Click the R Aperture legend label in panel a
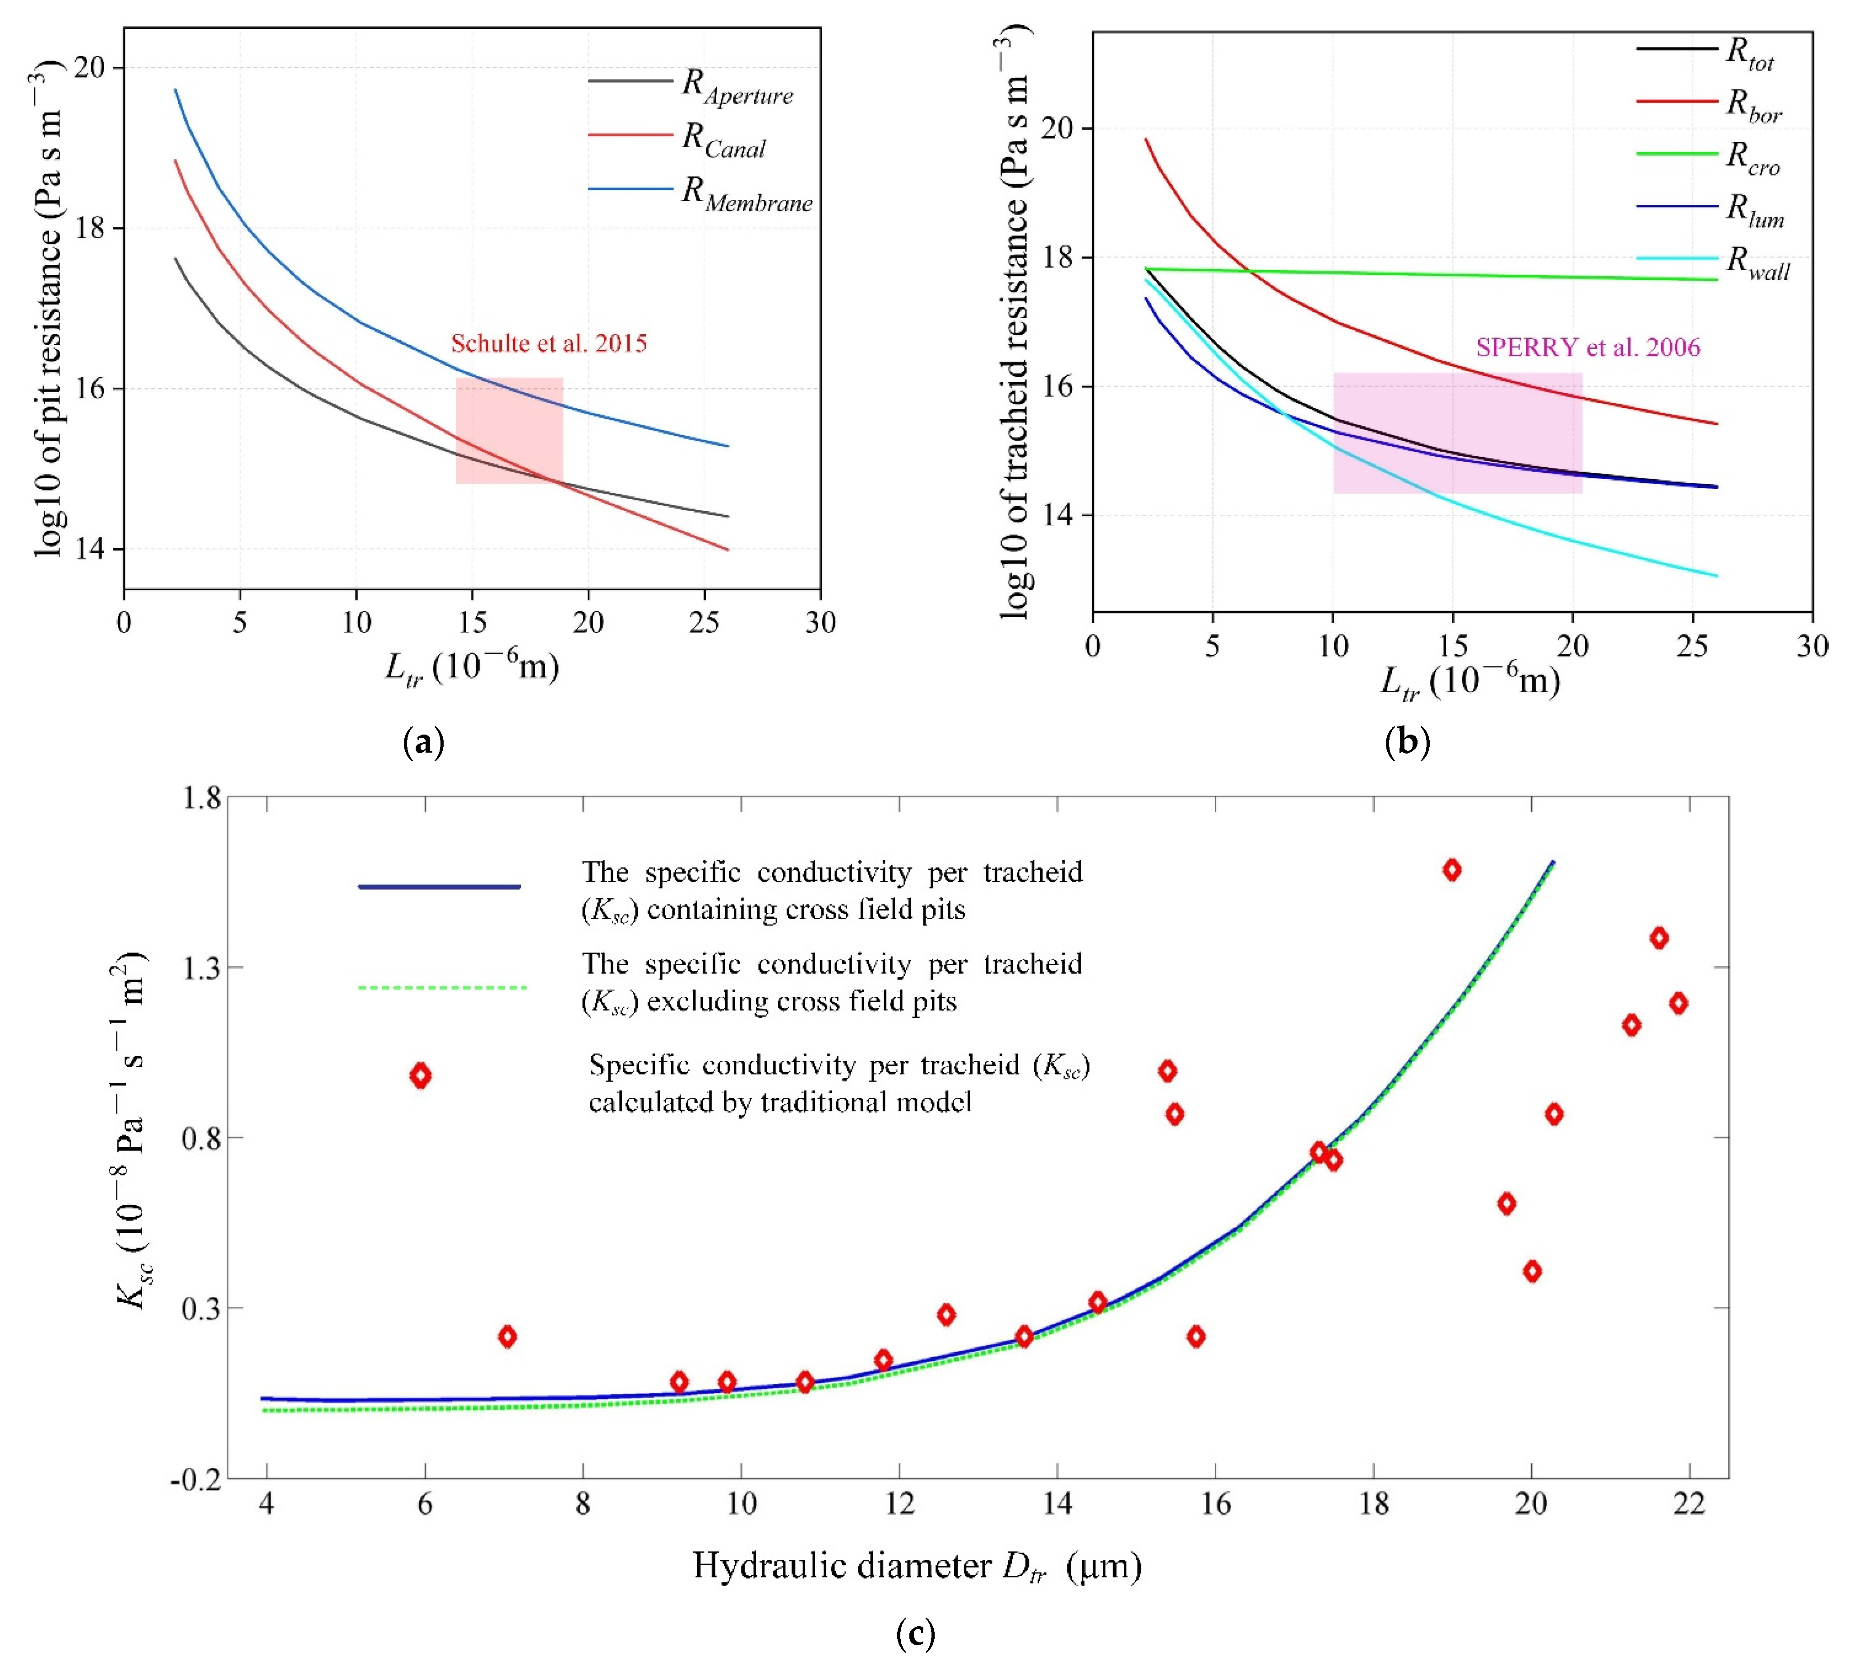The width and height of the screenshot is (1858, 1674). click(x=737, y=88)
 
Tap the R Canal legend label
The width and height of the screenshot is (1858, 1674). click(x=723, y=141)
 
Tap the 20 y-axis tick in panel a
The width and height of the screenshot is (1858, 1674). click(x=90, y=68)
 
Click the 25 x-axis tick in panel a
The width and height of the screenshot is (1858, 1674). click(x=704, y=623)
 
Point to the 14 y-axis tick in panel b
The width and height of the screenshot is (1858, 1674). click(x=1058, y=514)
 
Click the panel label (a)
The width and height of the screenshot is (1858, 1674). click(x=424, y=741)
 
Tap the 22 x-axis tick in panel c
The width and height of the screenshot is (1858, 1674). click(x=1690, y=1505)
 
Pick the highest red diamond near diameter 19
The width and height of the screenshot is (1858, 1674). click(x=1451, y=869)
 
